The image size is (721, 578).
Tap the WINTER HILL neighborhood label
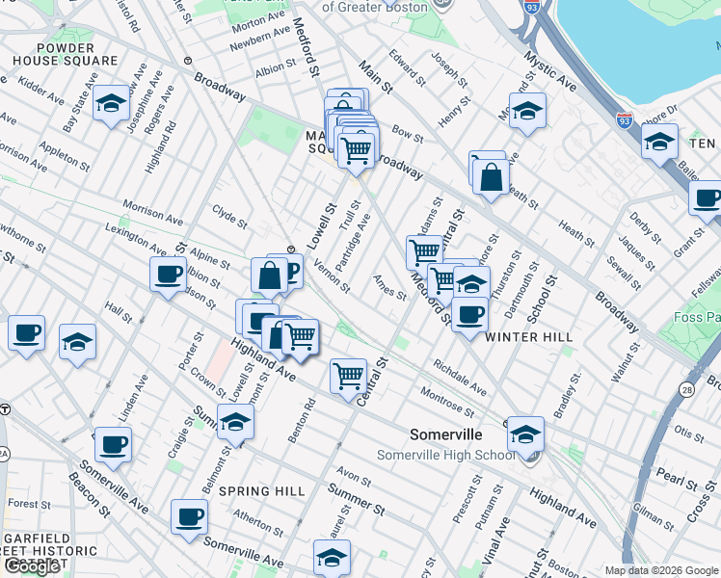(529, 337)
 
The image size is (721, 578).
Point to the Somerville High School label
(445, 455)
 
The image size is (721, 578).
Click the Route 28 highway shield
(686, 389)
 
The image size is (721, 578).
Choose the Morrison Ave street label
(152, 214)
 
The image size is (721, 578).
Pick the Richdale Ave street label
(460, 378)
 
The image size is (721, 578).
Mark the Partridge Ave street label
(352, 242)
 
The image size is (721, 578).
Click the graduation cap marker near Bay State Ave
(112, 103)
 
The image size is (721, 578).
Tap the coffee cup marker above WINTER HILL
(469, 314)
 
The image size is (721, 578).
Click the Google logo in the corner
(32, 566)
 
